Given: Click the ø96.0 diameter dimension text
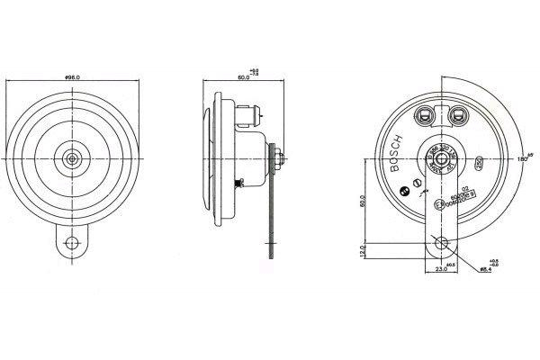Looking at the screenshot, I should (72, 78).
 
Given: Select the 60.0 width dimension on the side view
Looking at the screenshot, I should (242, 78).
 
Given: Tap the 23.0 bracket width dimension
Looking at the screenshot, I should (440, 269).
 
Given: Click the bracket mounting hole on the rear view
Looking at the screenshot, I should (440, 243).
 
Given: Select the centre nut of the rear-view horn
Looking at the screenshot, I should (440, 158).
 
